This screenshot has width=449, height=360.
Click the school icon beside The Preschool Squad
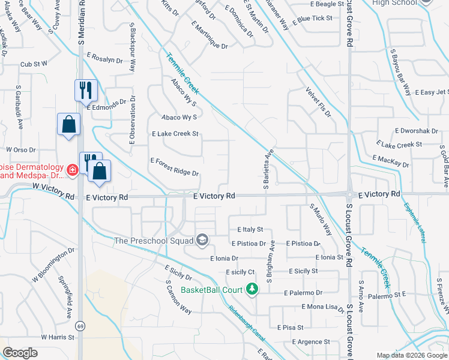[x=202, y=241]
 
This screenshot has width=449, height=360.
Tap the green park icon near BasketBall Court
[x=253, y=290]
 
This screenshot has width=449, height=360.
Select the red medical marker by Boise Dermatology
[x=72, y=170]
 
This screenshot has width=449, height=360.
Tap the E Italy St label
[x=250, y=229]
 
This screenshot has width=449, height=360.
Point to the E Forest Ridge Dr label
[x=174, y=167]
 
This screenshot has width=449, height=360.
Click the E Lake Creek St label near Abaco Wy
[x=175, y=134]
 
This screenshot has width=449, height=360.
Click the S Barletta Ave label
[x=265, y=170]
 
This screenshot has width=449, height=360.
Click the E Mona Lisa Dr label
[x=320, y=307]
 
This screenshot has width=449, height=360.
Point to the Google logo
[x=20, y=353]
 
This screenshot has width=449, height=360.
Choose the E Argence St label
[x=311, y=341]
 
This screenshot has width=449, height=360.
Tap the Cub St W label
[x=33, y=64]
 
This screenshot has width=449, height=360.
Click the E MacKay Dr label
[x=390, y=161]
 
